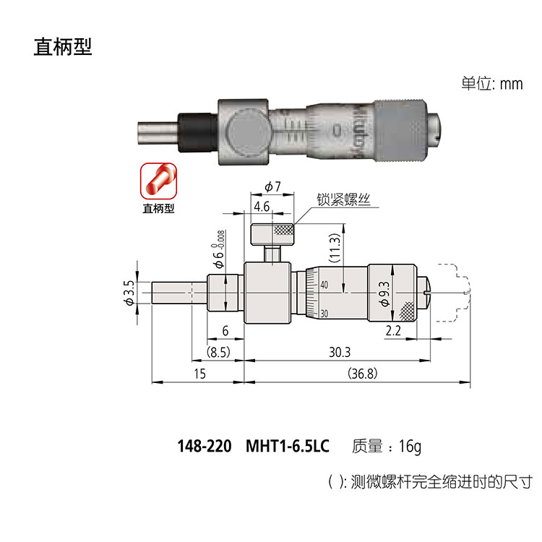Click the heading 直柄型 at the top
coord(63,47)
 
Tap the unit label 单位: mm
coord(491,84)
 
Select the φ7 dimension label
coord(272,187)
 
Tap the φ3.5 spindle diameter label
coord(129,292)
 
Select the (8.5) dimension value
coord(218,353)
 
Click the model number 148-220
coord(204,446)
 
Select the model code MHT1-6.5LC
coord(288,446)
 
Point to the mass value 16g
coord(409,446)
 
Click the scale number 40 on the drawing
coord(324,286)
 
